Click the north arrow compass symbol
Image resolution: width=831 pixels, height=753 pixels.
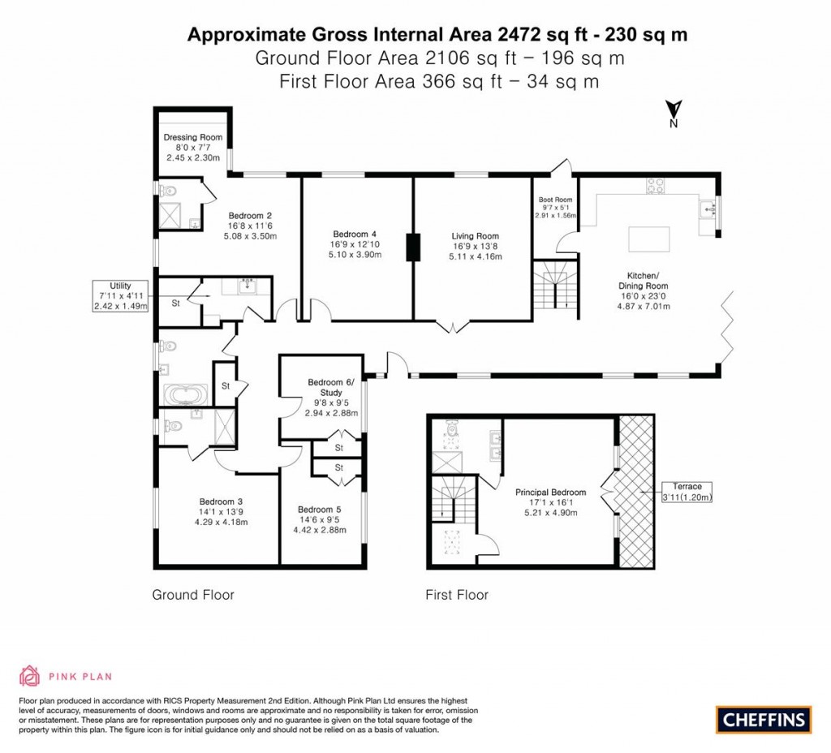(x=673, y=113)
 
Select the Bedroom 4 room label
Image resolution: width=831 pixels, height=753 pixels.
(x=354, y=236)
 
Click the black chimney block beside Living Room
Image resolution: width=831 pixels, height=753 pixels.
(x=414, y=247)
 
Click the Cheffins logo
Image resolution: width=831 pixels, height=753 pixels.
(x=763, y=719)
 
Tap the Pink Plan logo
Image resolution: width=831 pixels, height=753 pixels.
(x=66, y=675)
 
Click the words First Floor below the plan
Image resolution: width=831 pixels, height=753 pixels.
(x=457, y=595)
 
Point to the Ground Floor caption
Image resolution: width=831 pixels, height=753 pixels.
(x=193, y=595)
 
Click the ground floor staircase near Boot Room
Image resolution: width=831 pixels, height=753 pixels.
(x=555, y=284)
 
